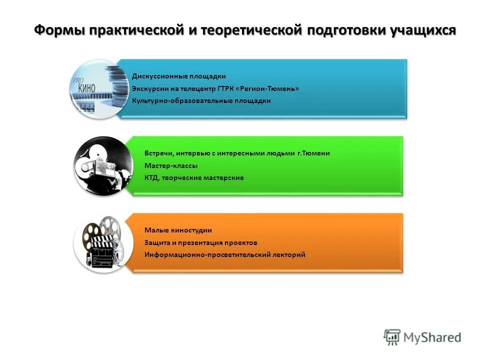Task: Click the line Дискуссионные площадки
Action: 179,76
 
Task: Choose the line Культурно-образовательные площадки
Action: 201,100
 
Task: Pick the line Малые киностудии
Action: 178,230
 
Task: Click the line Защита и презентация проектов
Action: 201,242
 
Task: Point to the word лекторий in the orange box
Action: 288,254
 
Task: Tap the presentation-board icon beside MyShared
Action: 392,336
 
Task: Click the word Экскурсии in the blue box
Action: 148,88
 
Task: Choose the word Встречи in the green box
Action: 159,153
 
